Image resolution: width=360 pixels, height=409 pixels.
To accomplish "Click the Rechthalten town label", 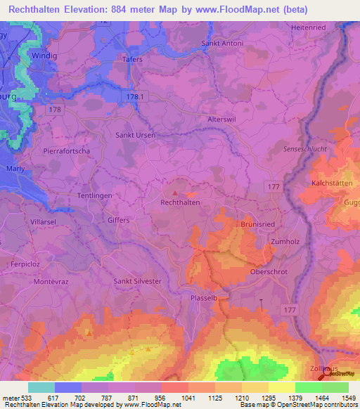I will tap(181, 202).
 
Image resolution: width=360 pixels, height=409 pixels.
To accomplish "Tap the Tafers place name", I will tap(132, 60).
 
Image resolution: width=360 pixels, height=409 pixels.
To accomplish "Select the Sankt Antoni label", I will tap(222, 44).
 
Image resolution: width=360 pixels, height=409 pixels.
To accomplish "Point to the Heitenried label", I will tap(310, 27).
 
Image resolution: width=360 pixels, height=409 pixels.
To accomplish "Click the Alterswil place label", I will tap(221, 119).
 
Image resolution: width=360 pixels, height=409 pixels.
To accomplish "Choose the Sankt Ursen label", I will tap(135, 134).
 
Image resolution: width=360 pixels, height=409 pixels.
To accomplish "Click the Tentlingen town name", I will tap(95, 195).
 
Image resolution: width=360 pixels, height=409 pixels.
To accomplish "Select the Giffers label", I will tap(118, 220).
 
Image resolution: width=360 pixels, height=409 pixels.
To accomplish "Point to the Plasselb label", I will tap(205, 298).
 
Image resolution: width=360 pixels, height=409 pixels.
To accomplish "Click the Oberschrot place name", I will tap(268, 271).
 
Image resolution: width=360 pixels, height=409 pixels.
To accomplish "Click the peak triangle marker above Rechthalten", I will tap(175, 192).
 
